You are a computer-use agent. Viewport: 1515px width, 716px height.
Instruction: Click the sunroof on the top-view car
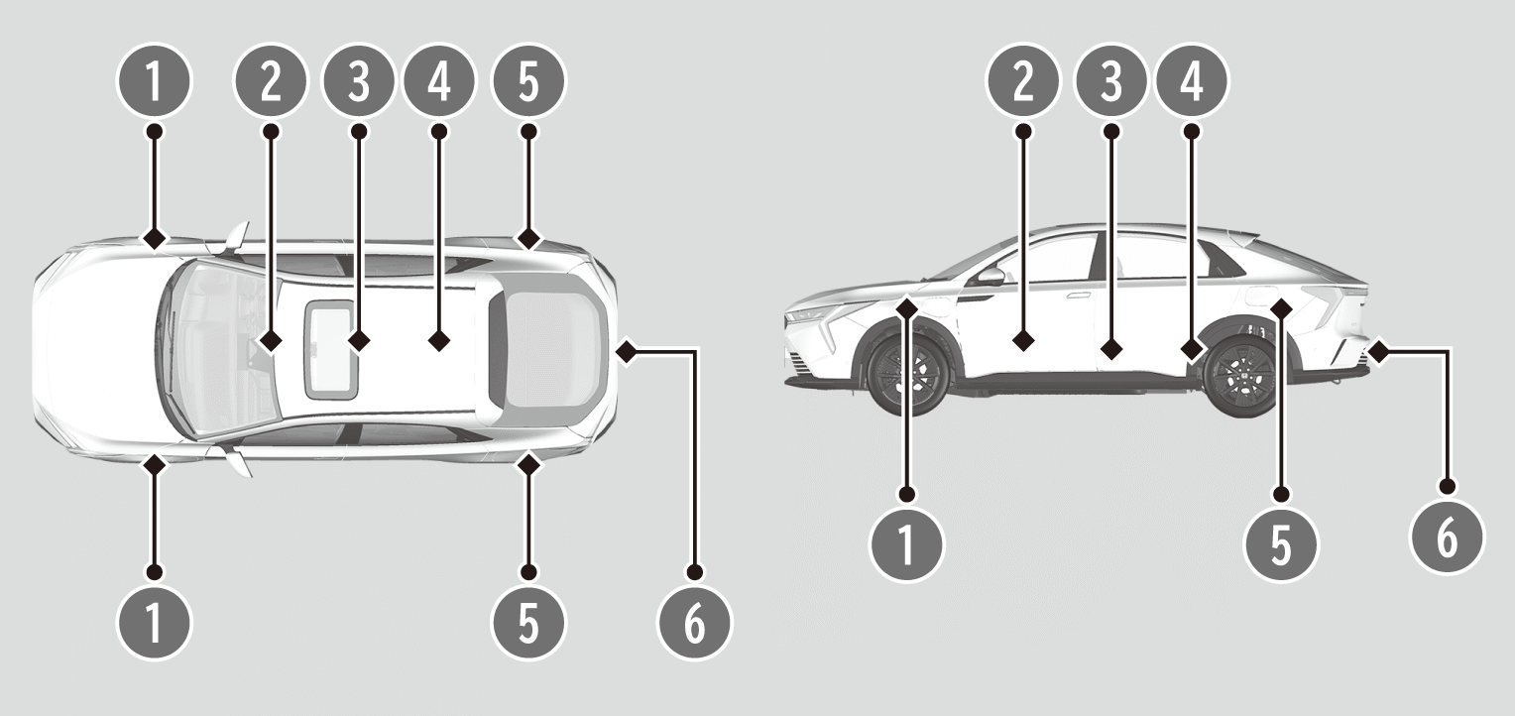click(331, 349)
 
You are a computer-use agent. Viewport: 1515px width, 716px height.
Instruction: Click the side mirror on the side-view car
click(991, 276)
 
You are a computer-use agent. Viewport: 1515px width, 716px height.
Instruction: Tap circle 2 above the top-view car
click(270, 81)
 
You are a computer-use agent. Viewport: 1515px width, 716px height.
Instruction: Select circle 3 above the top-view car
click(359, 81)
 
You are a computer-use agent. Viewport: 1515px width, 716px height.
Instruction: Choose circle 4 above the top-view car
click(439, 81)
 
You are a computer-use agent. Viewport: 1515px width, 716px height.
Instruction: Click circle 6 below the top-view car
click(694, 623)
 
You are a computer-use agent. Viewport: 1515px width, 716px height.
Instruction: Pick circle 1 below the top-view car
click(155, 623)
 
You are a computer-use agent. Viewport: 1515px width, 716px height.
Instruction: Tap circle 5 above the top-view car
click(528, 81)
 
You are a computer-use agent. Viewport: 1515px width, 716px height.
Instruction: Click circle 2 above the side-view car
click(1023, 81)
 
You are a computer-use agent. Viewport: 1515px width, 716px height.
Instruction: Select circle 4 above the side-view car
click(1192, 81)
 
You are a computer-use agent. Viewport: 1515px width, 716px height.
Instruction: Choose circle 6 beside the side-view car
click(1446, 538)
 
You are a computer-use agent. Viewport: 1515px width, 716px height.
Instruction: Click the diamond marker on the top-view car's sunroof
click(359, 340)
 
